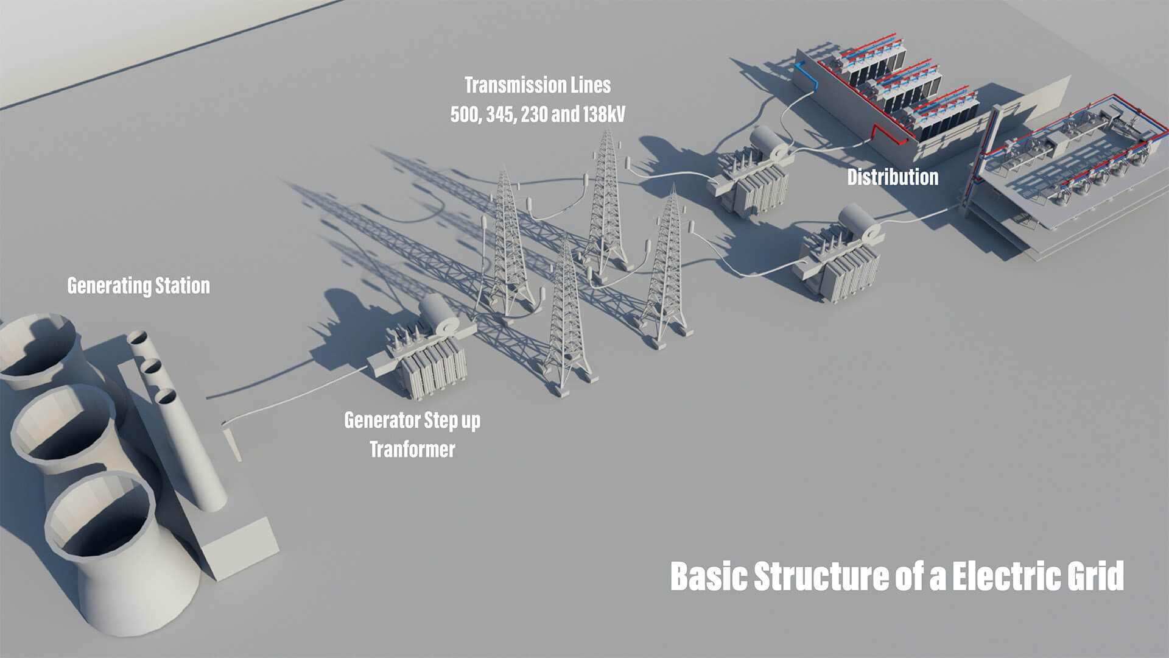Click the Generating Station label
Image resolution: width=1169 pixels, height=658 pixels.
click(x=138, y=286)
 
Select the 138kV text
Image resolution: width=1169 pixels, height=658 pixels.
click(x=603, y=115)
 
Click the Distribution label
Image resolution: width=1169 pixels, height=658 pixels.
click(x=893, y=177)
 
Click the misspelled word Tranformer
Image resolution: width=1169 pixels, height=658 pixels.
click(x=412, y=450)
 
